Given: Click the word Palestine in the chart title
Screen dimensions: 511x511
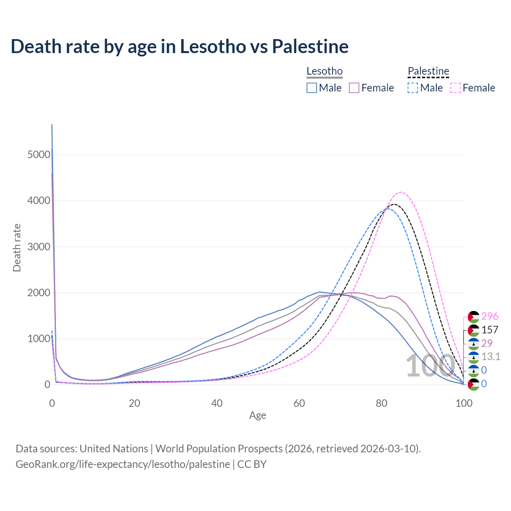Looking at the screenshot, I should point(310,46).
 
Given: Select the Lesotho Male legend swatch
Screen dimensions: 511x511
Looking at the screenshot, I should point(312,88).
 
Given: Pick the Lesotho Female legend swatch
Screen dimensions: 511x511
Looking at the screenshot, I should point(354,88).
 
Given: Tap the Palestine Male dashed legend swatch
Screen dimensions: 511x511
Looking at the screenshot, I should point(413,88).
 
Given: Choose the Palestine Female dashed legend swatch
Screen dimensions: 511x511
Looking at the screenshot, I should point(456,88).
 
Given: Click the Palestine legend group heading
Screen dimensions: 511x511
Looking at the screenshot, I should point(428,71).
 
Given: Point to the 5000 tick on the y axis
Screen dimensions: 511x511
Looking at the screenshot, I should point(39,154).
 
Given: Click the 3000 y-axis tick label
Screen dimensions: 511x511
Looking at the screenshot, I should point(39,247).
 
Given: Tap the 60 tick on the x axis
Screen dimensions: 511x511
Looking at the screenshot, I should point(299,403).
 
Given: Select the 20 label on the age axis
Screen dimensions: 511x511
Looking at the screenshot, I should point(134,403).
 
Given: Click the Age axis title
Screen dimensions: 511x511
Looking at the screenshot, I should point(257,416).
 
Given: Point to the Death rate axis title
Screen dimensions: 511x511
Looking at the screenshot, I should point(17,248).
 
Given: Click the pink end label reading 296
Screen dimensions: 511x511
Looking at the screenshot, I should point(490,316).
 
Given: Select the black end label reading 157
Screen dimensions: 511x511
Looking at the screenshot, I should point(490,330).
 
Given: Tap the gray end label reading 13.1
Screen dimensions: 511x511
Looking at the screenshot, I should point(491,357).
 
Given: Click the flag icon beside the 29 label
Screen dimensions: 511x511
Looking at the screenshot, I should point(473,343).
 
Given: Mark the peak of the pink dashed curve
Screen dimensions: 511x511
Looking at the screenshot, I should point(401,192).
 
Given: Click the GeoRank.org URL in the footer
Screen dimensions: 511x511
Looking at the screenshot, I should point(123,464).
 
